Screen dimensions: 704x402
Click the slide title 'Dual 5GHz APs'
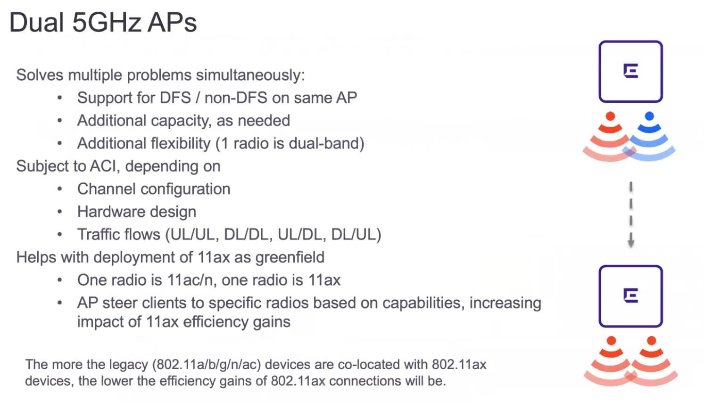pyautogui.click(x=103, y=23)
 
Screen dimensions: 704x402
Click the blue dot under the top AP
pyautogui.click(x=649, y=116)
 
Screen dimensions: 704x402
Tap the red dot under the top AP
pyautogui.click(x=610, y=116)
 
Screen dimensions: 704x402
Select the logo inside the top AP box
pyautogui.click(x=631, y=71)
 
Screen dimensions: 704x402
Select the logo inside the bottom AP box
pyautogui.click(x=631, y=295)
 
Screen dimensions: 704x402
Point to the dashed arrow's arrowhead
pyautogui.click(x=631, y=243)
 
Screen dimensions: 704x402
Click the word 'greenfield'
pyautogui.click(x=290, y=257)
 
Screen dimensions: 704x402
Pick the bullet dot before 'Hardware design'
pyautogui.click(x=60, y=212)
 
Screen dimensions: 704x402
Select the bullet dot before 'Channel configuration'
pyautogui.click(x=60, y=189)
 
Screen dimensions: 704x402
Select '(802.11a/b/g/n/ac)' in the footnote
pyautogui.click(x=207, y=365)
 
